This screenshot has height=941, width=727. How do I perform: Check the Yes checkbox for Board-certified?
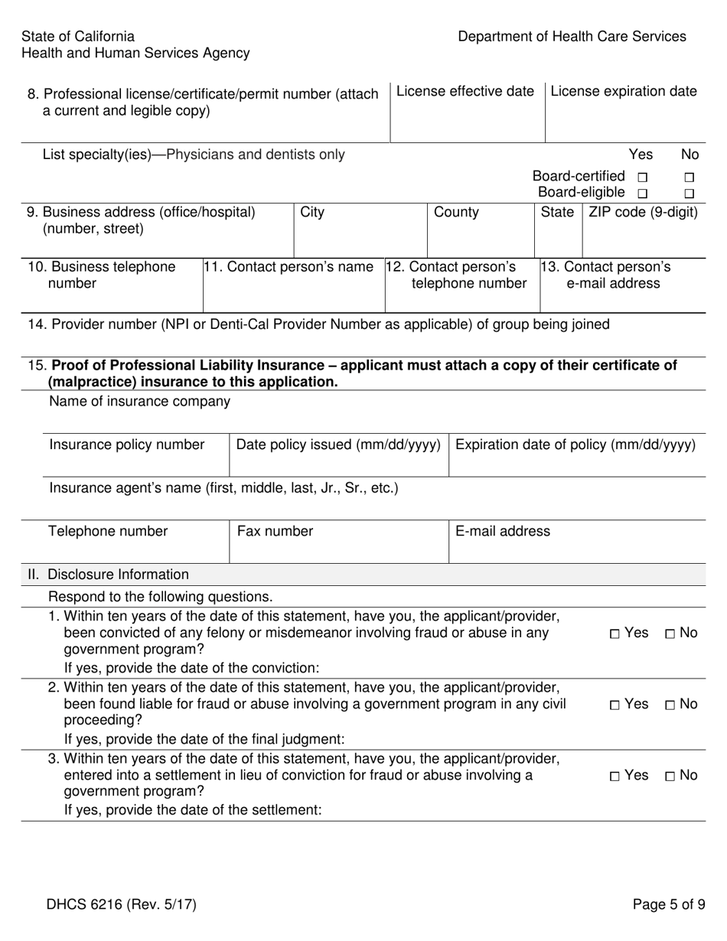[642, 177]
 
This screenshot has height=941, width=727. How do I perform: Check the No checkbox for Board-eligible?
[689, 194]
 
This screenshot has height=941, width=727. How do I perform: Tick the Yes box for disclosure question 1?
[616, 633]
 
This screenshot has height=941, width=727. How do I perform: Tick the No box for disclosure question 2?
[670, 705]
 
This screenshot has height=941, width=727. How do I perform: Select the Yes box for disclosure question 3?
[616, 777]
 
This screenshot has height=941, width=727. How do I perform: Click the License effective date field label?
[465, 92]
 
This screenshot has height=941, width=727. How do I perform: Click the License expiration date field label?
[624, 92]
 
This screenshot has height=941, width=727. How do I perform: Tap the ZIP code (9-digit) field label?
[643, 212]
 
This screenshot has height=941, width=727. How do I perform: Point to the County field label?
[456, 212]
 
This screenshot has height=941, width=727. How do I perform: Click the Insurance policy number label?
[127, 444]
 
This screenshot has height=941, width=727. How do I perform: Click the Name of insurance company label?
[139, 401]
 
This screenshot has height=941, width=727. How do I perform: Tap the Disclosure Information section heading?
[118, 575]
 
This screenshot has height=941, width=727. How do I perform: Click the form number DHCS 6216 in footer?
[121, 905]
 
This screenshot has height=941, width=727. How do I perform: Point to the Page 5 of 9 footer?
[669, 905]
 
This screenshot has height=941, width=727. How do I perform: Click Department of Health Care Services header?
[572, 37]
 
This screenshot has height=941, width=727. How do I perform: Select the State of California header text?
[78, 37]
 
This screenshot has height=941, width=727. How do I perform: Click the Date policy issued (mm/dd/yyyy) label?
[338, 444]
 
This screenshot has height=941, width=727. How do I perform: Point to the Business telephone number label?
[101, 275]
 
